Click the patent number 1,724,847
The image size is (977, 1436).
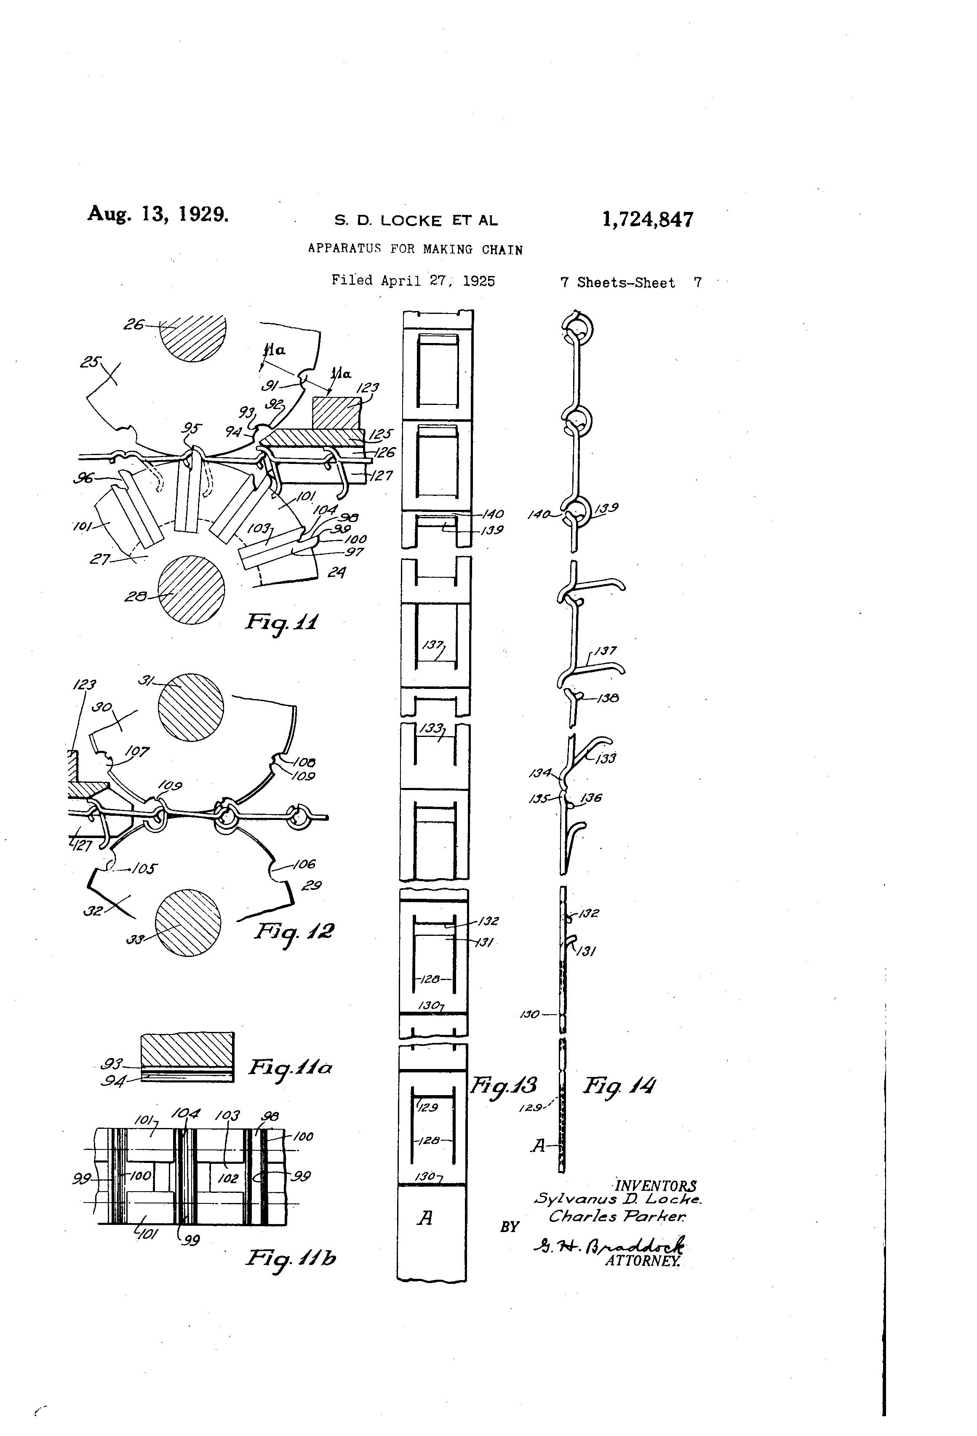647,220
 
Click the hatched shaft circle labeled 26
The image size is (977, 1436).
193,337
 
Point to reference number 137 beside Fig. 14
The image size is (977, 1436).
605,651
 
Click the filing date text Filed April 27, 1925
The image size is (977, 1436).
413,281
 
